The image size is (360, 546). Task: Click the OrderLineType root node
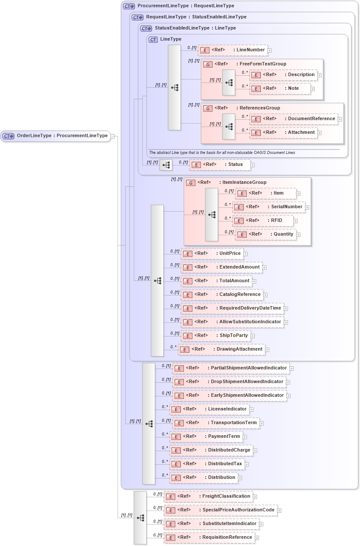[x=56, y=136]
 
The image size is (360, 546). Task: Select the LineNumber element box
[x=233, y=50]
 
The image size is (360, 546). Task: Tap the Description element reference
[x=283, y=75]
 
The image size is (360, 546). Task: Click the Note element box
[x=280, y=89]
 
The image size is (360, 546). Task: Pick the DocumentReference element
[x=293, y=119]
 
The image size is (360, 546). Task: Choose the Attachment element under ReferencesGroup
[x=283, y=133]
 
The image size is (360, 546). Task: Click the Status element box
[x=220, y=165]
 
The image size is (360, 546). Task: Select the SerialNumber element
[x=269, y=207]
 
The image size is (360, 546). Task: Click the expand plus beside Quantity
[x=298, y=235]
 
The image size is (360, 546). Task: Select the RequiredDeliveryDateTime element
[x=232, y=308]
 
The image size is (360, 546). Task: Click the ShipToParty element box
[x=215, y=336]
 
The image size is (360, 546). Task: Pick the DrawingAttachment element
[x=221, y=349]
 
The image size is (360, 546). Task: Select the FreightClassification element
[x=209, y=496]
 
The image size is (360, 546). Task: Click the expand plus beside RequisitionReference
[x=257, y=538]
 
